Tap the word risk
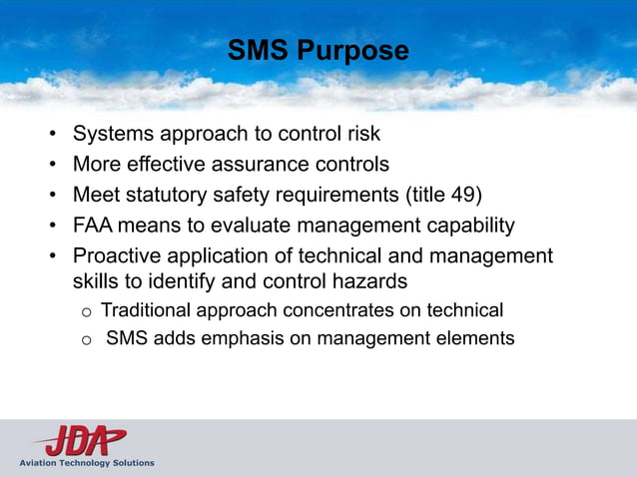pos(361,133)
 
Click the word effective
pos(171,163)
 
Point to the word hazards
pos(372,282)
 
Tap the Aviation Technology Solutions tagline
pos(86,463)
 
